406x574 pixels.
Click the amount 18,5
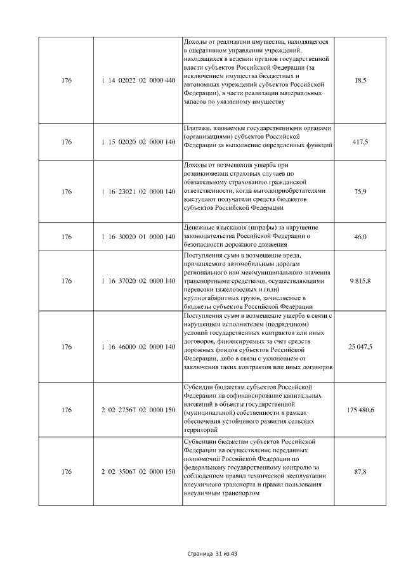[360, 80]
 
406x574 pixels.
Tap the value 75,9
[360, 191]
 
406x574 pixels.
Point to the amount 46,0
[360, 237]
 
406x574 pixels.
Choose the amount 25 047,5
[360, 347]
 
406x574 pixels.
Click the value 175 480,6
[360, 410]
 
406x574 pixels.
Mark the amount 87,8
[360, 471]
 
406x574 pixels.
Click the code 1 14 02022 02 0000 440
[138, 80]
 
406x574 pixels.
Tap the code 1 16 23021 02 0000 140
[138, 191]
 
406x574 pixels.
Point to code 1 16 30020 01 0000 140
[138, 237]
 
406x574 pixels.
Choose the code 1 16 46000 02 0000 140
[138, 347]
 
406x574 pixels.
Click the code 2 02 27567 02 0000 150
[138, 410]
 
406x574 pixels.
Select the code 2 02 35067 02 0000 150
[138, 471]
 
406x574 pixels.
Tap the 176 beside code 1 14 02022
[67, 80]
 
